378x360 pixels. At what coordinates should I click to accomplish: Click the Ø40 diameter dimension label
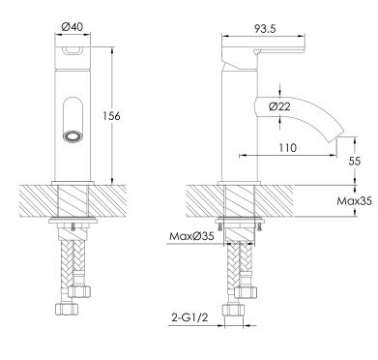[72, 27]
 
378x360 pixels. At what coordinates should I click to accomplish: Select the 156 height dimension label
[111, 116]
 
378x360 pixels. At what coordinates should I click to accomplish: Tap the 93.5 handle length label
[265, 29]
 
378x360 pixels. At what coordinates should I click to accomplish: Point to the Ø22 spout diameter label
[279, 106]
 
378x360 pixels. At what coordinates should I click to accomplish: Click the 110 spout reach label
[287, 148]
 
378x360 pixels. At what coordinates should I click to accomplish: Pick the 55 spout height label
[355, 161]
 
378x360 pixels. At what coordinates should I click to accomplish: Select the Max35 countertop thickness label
[354, 201]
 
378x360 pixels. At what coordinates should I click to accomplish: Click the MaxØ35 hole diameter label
[191, 236]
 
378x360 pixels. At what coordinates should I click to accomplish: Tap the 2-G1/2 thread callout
[189, 317]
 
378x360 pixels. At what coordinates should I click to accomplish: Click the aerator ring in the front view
[73, 135]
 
